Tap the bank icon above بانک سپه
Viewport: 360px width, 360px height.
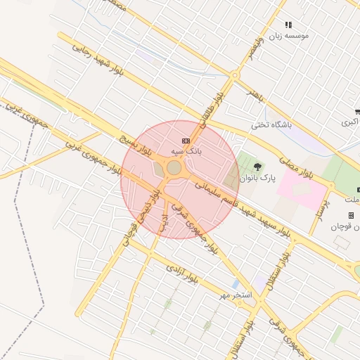(185, 141)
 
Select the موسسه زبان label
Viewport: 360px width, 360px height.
(288, 34)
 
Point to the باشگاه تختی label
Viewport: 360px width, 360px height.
(271, 126)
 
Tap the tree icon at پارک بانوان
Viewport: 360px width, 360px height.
(257, 167)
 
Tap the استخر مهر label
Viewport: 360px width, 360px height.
(234, 293)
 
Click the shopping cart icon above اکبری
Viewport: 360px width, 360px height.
(358, 111)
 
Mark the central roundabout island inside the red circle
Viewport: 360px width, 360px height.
(174, 167)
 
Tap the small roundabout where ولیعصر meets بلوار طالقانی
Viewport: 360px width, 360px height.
(235, 75)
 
